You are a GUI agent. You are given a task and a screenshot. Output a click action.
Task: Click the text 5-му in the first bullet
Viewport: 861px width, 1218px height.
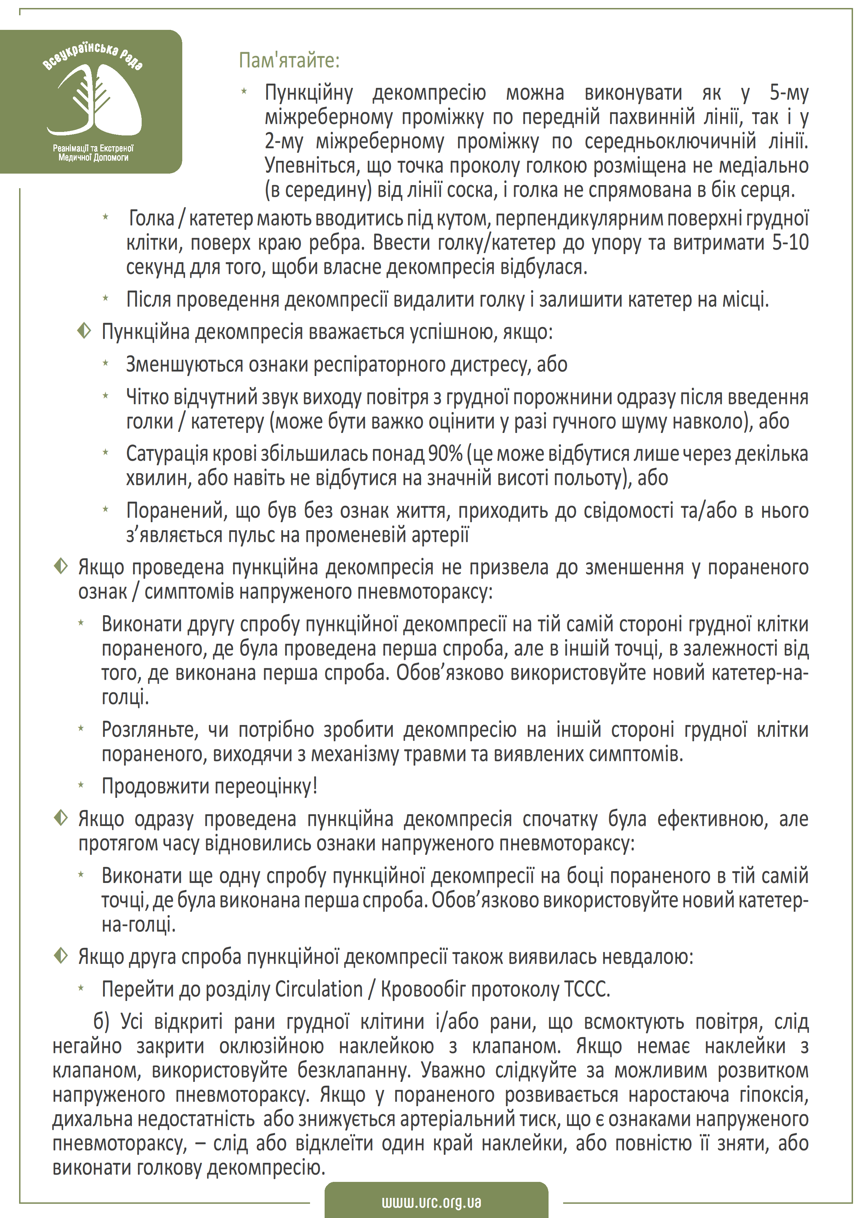(x=789, y=93)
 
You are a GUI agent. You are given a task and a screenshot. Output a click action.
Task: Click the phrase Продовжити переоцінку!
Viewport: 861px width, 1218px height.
(x=209, y=786)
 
